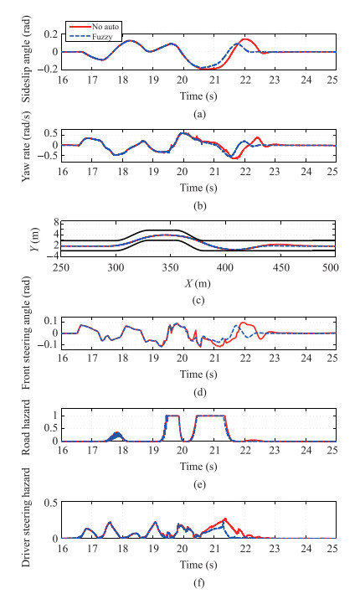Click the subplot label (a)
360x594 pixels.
[x=199, y=114]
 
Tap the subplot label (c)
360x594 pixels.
[x=199, y=301]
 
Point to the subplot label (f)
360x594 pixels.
[x=199, y=583]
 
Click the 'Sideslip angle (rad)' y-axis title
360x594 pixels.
[x=26, y=59]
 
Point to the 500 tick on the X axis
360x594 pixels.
[x=332, y=268]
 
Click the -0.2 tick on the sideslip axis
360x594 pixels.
[x=48, y=70]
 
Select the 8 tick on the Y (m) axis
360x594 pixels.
[x=55, y=223]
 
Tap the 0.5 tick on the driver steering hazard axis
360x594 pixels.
[x=51, y=503]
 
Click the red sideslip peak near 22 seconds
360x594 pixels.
[x=245, y=39]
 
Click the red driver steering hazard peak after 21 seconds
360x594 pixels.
[x=225, y=519]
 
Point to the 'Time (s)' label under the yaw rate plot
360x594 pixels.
[x=198, y=189]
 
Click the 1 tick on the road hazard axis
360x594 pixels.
[x=55, y=416]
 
